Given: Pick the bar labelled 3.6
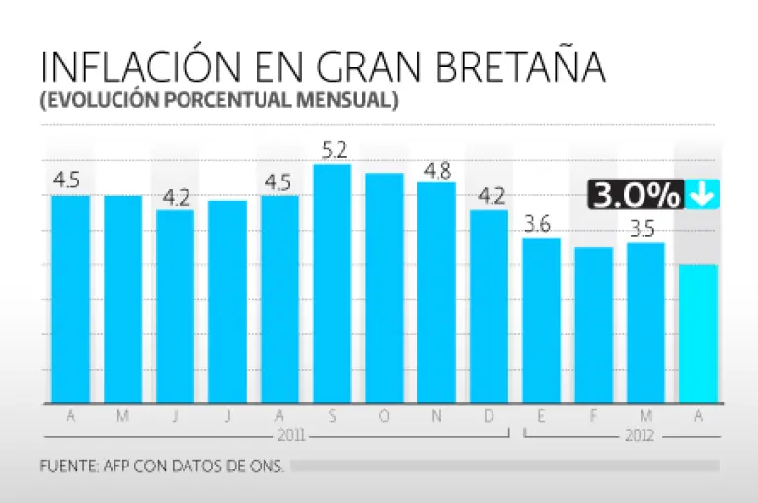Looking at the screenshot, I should coord(541,321).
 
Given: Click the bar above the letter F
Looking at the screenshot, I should coord(593,325).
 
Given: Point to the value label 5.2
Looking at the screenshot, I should coord(334,151).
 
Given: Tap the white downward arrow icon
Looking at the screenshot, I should coord(703,194).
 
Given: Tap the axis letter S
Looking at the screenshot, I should coord(332,416).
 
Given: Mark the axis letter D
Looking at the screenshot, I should coord(489,416).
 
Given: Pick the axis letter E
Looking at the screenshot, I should coord(541,416).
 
